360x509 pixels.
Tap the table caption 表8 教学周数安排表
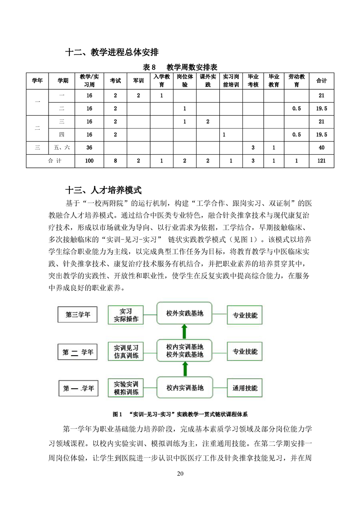(x=180, y=67)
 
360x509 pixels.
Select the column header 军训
(x=138, y=81)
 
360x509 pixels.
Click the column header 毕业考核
(x=253, y=81)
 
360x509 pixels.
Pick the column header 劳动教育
(x=296, y=81)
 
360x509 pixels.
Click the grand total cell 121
(x=321, y=161)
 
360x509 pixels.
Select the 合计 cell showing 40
(x=321, y=147)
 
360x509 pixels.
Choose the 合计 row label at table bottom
(x=54, y=161)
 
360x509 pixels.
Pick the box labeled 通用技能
(x=245, y=388)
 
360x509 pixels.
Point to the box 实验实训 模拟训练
(x=126, y=388)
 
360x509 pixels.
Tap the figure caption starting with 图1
(x=180, y=414)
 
